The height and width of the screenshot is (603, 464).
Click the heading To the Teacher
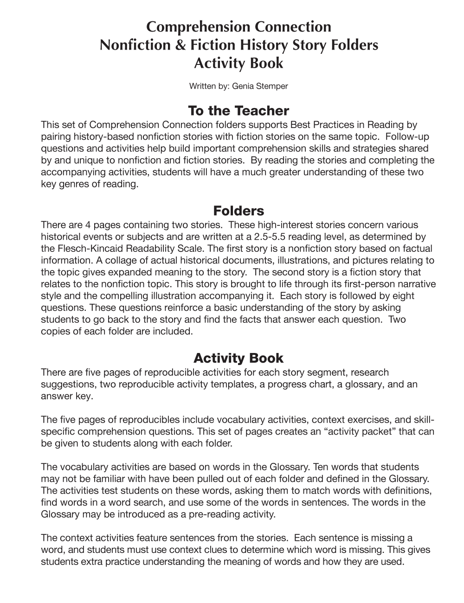238,111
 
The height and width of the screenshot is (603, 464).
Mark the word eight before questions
404,296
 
